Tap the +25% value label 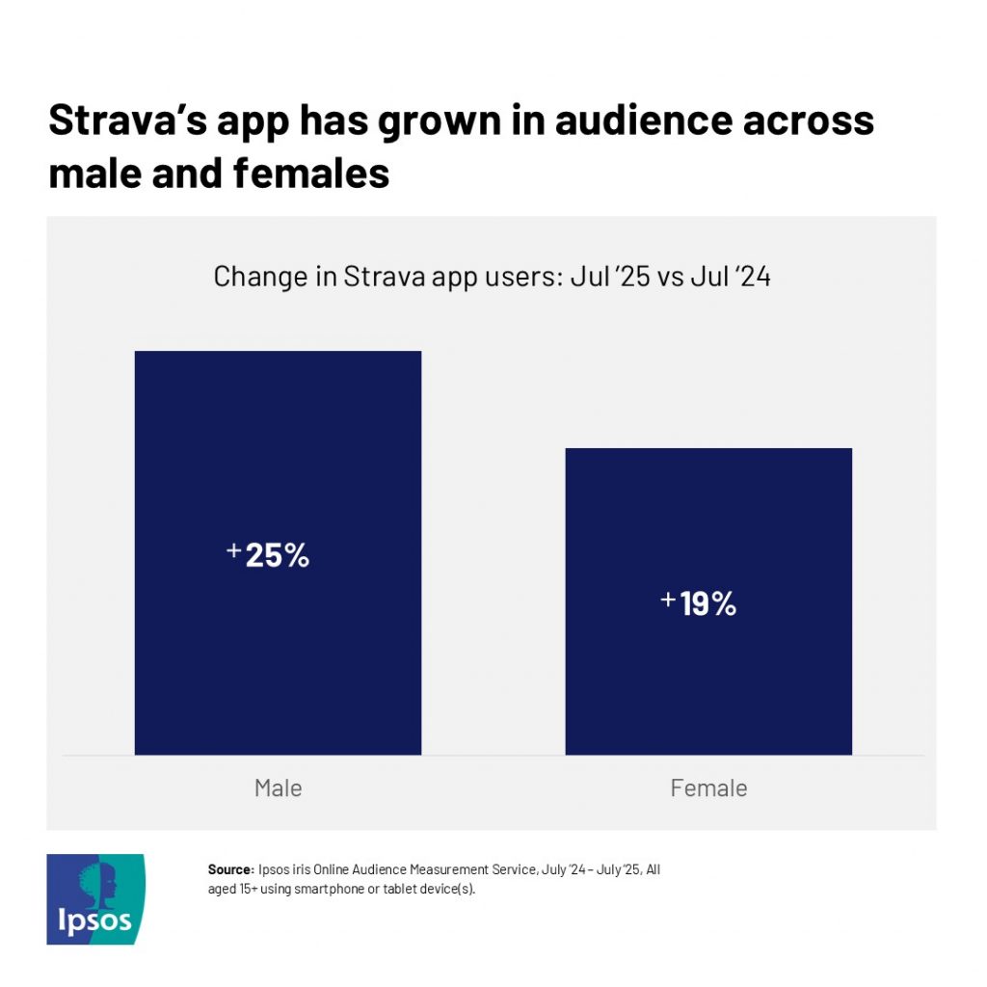pyautogui.click(x=268, y=555)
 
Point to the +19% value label pyautogui.click(x=699, y=603)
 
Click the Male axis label pyautogui.click(x=278, y=787)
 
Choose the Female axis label pyautogui.click(x=708, y=787)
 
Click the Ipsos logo pyautogui.click(x=95, y=898)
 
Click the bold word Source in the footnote pyautogui.click(x=228, y=869)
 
